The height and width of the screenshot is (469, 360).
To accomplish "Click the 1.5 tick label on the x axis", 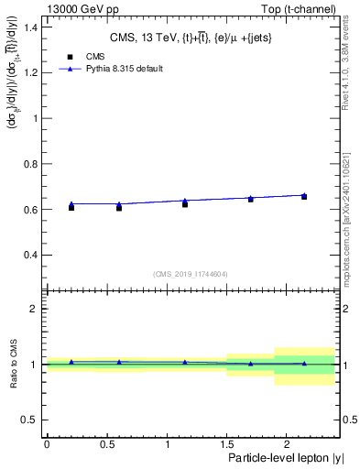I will (226, 442).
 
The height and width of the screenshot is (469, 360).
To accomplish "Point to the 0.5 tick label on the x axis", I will (106, 442).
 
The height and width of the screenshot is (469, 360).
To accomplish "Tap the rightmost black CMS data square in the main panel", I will (304, 197).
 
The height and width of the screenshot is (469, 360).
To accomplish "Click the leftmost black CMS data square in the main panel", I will (71, 208).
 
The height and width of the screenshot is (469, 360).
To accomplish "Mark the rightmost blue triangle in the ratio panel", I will (304, 364).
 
